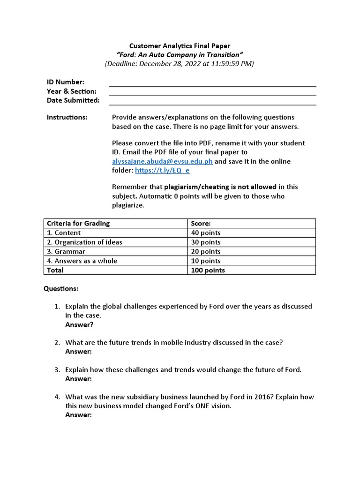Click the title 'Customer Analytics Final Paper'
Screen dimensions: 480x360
click(x=180, y=45)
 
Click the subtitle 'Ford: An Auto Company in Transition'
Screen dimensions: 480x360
click(x=180, y=54)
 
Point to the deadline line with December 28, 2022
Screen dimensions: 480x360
click(x=180, y=64)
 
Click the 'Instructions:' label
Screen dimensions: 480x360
click(x=67, y=117)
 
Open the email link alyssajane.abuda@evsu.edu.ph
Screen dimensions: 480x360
click(x=162, y=161)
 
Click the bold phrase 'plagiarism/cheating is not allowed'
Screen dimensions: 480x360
click(x=221, y=187)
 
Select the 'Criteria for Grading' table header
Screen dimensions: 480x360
click(x=78, y=223)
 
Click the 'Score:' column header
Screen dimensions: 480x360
click(x=201, y=223)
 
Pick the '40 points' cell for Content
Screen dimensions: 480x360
click(x=206, y=232)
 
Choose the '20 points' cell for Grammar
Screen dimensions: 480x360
click(x=206, y=251)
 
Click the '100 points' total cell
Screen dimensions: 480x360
click(x=208, y=270)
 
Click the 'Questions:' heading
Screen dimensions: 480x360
click(x=61, y=288)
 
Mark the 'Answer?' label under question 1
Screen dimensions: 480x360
click(x=79, y=324)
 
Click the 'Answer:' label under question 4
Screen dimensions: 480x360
click(x=78, y=415)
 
